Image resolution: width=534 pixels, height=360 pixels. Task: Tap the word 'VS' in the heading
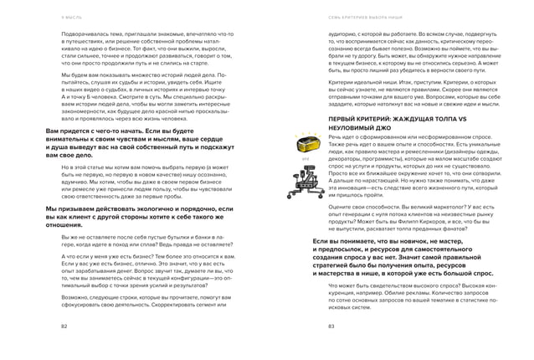412,121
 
